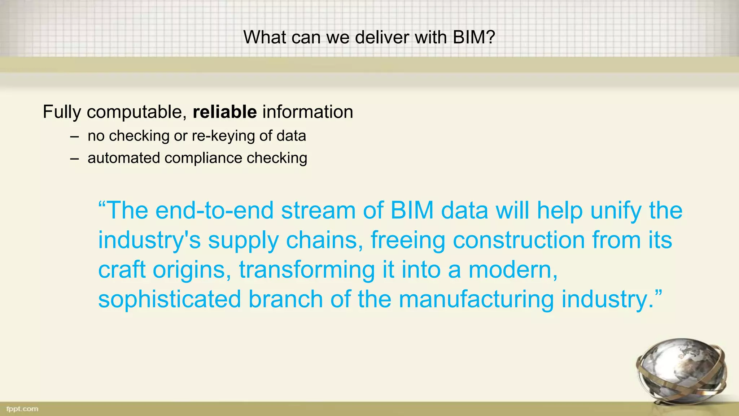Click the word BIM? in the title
pos(474,37)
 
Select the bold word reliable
pos(224,112)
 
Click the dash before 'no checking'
pos(74,137)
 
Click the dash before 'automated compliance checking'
pos(74,159)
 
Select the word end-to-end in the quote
pos(214,211)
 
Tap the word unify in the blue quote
pos(616,211)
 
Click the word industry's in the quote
pos(149,241)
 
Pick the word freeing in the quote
pos(408,241)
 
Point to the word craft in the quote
pos(122,270)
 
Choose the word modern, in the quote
pos(513,270)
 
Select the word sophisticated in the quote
pos(170,300)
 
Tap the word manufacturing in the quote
pos(476,300)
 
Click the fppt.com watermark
pos(22,409)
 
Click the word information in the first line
pos(307,112)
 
